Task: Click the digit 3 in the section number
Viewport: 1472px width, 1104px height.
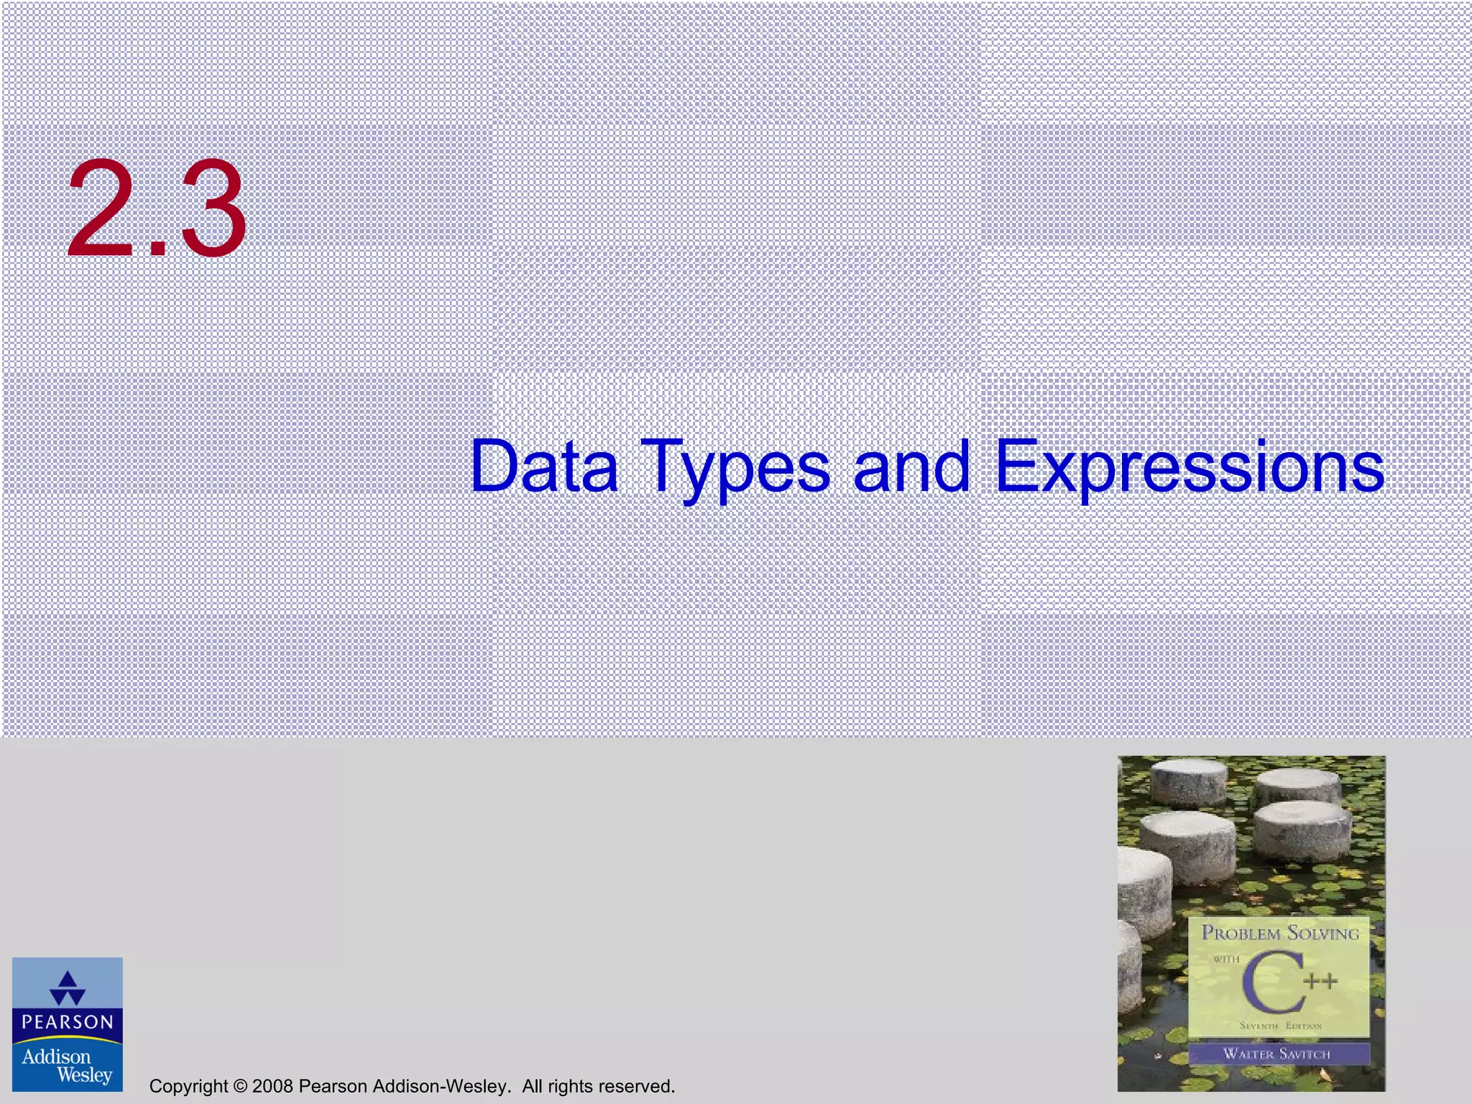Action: click(x=213, y=209)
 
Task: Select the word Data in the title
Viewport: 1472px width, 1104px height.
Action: click(x=544, y=467)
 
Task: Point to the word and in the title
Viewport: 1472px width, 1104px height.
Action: click(x=911, y=467)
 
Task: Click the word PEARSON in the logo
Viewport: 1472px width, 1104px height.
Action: click(x=68, y=1022)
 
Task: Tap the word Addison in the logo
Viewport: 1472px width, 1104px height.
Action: click(x=56, y=1057)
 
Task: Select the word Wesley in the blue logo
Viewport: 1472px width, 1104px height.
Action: click(x=84, y=1075)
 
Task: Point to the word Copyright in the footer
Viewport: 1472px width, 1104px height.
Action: click(x=188, y=1086)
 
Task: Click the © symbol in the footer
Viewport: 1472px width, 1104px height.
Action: click(x=240, y=1086)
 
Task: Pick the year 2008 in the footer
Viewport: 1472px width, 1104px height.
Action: click(x=272, y=1086)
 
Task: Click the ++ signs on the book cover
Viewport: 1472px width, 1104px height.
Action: click(x=1321, y=981)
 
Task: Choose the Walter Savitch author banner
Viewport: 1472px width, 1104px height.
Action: click(x=1277, y=1054)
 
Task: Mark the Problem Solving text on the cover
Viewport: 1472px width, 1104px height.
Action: click(x=1281, y=934)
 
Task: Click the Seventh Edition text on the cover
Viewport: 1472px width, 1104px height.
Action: click(x=1280, y=1026)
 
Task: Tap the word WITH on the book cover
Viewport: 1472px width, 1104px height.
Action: click(x=1226, y=959)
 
